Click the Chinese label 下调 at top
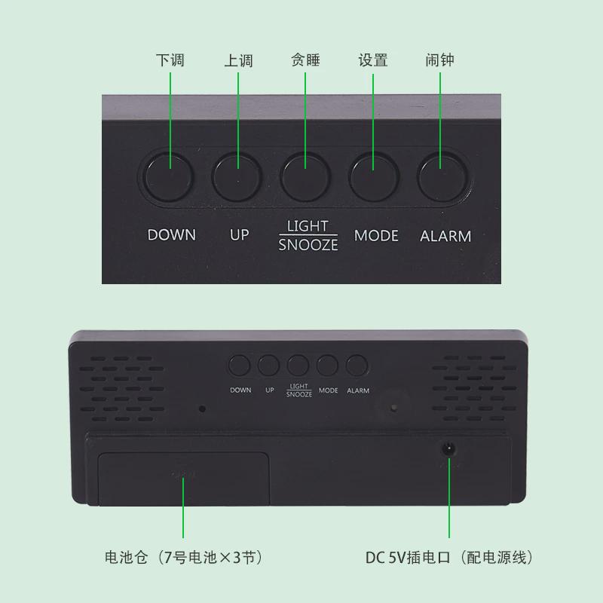click(170, 60)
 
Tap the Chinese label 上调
click(238, 60)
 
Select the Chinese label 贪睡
click(305, 60)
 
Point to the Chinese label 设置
click(373, 60)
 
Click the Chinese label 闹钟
click(439, 60)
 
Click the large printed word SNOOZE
click(308, 245)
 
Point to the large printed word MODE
click(376, 236)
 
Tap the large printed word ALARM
click(445, 236)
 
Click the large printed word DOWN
click(172, 235)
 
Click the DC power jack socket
click(450, 449)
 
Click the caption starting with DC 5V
click(449, 558)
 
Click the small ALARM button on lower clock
click(357, 366)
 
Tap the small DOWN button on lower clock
click(240, 366)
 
